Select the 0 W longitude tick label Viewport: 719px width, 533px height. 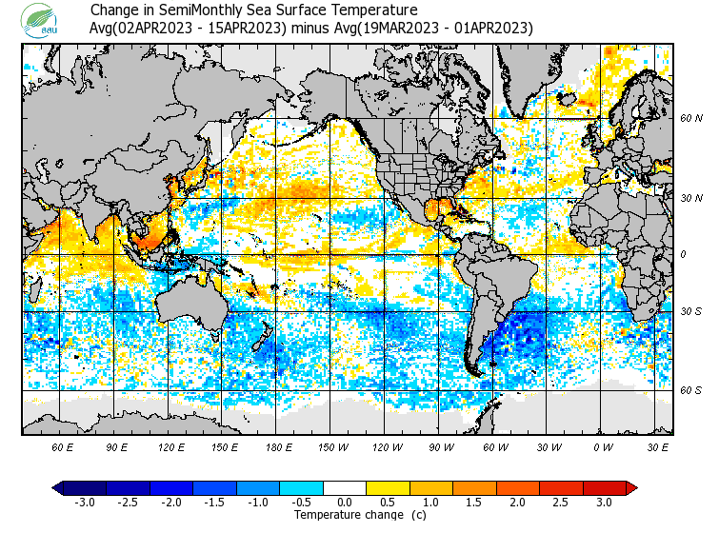(603, 446)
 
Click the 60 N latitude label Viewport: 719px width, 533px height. (690, 119)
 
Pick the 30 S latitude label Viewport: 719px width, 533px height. (690, 312)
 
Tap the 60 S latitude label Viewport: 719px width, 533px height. (690, 390)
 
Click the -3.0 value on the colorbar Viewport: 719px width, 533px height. (85, 502)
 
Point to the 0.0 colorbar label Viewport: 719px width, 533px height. (345, 502)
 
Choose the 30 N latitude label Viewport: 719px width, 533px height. (690, 198)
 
